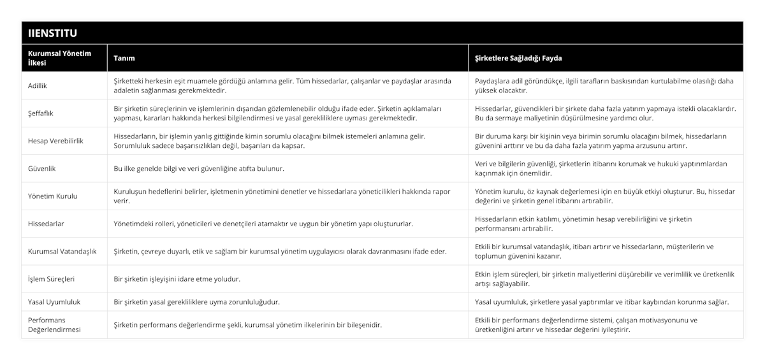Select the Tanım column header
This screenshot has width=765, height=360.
124,58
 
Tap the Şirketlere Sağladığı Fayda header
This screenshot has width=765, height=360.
518,58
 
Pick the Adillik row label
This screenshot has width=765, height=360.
39,85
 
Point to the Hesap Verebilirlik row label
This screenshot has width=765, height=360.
56,141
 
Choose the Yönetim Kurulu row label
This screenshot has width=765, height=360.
54,196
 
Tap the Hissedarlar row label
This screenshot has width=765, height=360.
47,224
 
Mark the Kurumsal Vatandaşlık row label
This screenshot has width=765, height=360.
62,251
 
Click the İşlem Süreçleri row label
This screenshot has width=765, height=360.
52,279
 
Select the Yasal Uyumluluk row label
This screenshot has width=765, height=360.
55,301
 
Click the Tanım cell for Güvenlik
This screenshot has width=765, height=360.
198,169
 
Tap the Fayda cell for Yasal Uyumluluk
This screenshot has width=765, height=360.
602,301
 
